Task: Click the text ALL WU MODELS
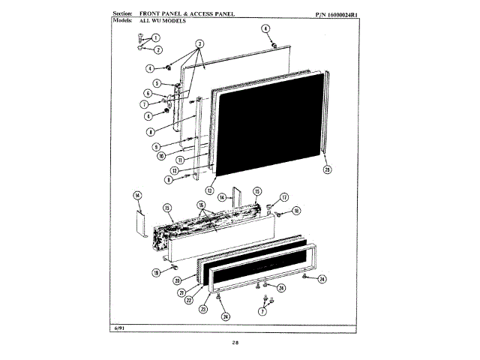pyautogui.click(x=158, y=21)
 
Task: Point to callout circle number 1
pyautogui.click(x=157, y=37)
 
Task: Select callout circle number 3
pyautogui.click(x=200, y=43)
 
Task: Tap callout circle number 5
pyautogui.click(x=157, y=83)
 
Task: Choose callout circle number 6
pyautogui.click(x=148, y=93)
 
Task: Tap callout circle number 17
pyautogui.click(x=284, y=198)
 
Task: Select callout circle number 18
pyautogui.click(x=296, y=211)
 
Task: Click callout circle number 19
pyautogui.click(x=155, y=273)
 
